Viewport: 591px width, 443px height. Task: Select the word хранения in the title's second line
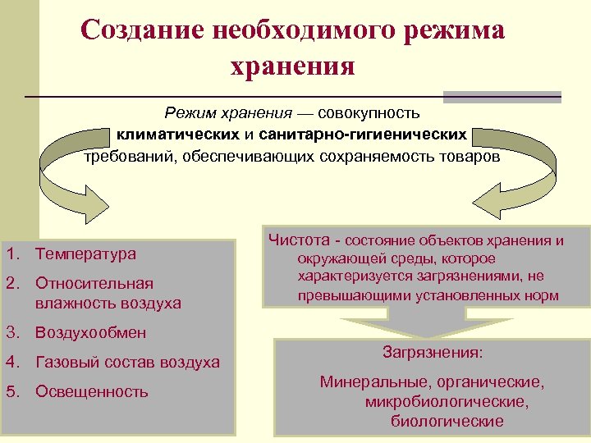click(x=293, y=66)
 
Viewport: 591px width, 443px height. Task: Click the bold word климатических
click(x=182, y=133)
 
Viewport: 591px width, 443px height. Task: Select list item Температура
click(x=85, y=254)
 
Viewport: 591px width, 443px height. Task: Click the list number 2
click(x=11, y=284)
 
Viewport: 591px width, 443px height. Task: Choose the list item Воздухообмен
click(x=90, y=333)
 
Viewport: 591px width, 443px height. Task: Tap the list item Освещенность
click(x=91, y=391)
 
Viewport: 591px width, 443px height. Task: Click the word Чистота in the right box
click(x=298, y=240)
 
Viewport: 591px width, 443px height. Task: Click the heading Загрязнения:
click(x=433, y=353)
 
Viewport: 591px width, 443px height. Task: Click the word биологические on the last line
click(x=447, y=422)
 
